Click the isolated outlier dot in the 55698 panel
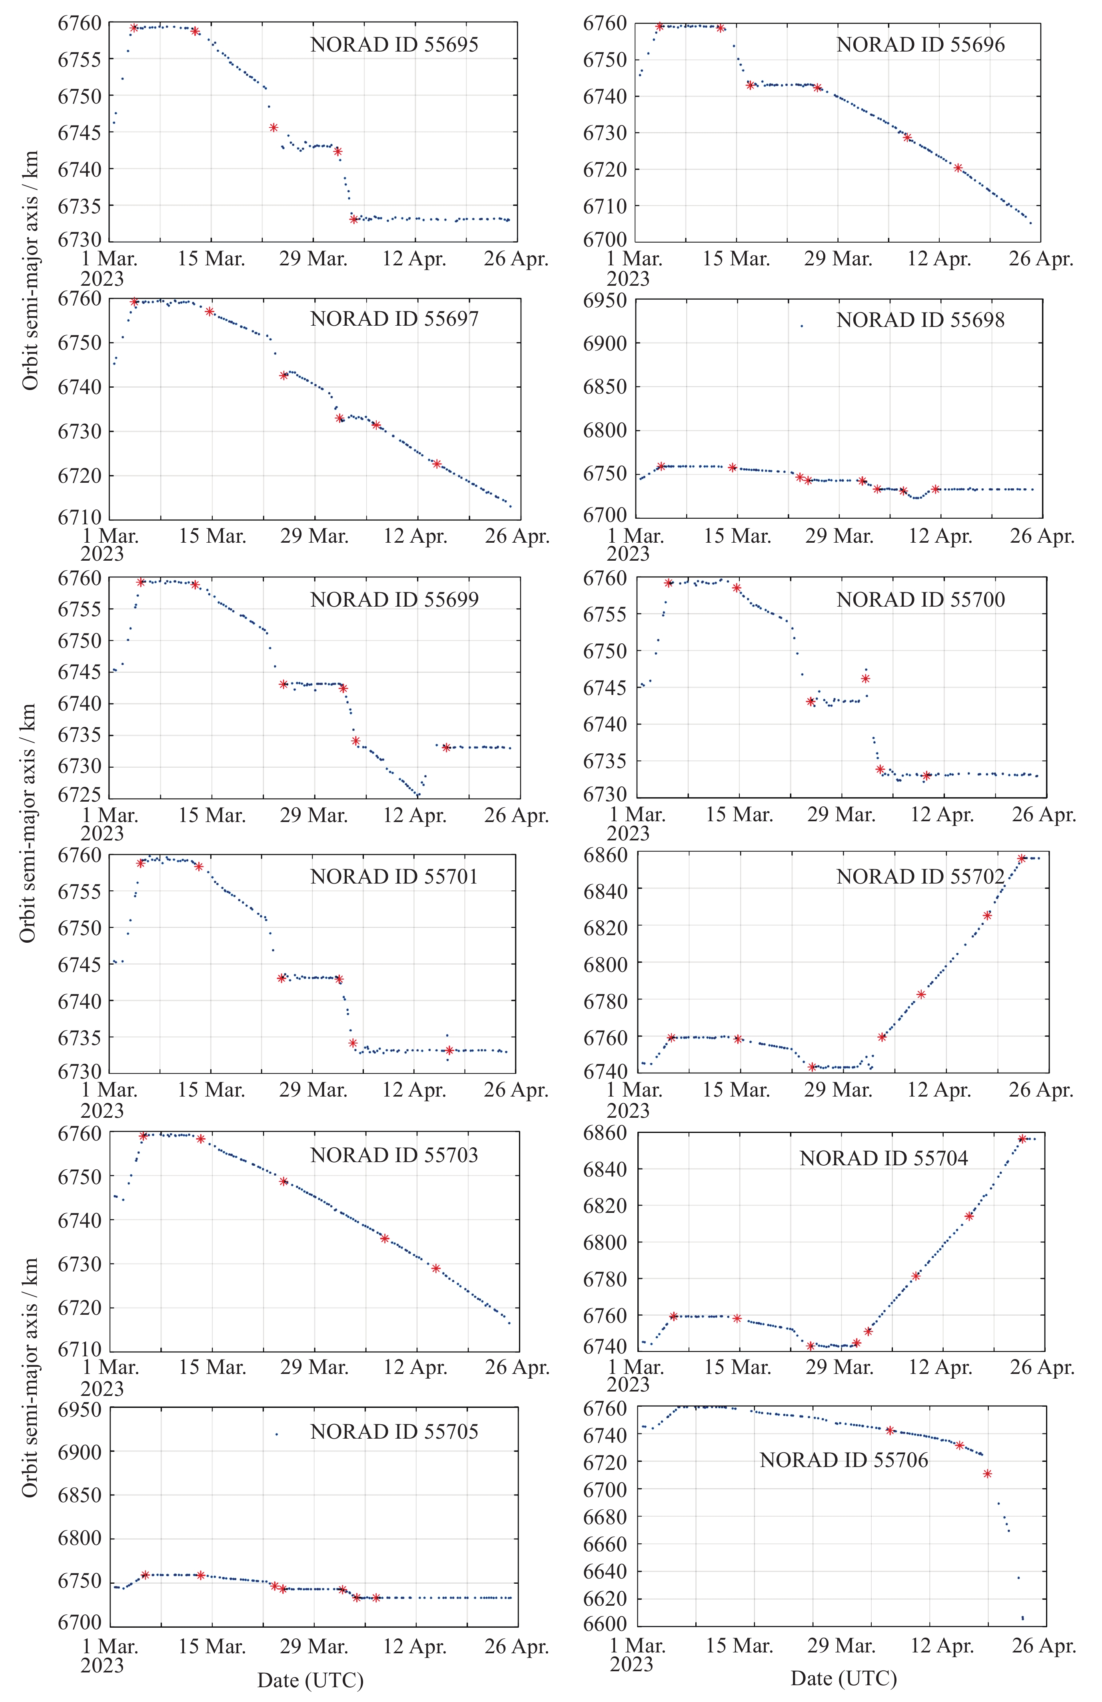801,326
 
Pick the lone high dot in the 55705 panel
276,1434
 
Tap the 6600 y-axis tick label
607,1623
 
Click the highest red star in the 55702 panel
1022,858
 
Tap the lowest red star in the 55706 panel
988,1474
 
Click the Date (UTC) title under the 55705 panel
311,1680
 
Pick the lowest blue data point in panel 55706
1022,1618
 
